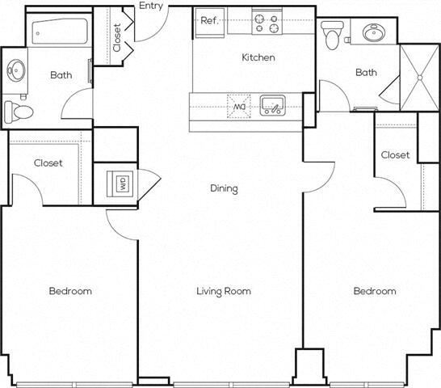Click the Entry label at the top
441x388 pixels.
point(151,6)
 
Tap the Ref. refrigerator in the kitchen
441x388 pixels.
point(210,21)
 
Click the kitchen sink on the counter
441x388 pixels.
point(272,104)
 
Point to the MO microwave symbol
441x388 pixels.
point(239,105)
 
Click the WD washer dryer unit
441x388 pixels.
point(123,184)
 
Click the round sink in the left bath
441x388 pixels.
point(17,70)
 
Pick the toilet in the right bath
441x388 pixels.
point(332,34)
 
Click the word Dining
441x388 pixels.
point(224,189)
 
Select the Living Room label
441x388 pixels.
point(224,291)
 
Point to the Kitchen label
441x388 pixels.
point(258,57)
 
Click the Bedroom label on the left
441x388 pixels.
point(69,291)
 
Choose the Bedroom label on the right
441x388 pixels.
point(375,291)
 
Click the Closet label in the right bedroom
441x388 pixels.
point(396,155)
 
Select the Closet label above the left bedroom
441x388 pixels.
point(48,163)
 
